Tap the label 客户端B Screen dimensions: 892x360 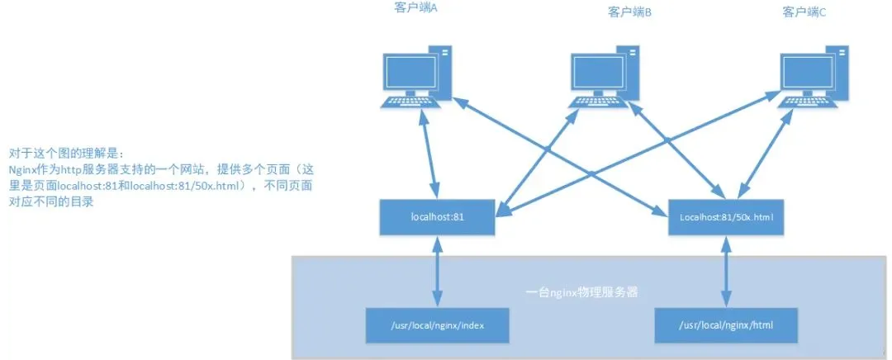pyautogui.click(x=629, y=12)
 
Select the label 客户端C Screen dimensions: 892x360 pyautogui.click(x=804, y=12)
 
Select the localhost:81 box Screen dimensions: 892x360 pyautogui.click(x=437, y=216)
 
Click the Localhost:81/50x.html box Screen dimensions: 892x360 pyautogui.click(x=727, y=216)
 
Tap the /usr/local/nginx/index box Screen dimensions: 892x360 pyautogui.click(x=438, y=325)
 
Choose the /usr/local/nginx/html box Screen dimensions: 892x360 pyautogui.click(x=726, y=325)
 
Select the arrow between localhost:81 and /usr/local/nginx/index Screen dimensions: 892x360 pyautogui.click(x=437, y=272)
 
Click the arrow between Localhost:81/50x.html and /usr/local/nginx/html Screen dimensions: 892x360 pyautogui.click(x=726, y=272)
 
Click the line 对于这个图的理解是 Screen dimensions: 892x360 pyautogui.click(x=65, y=154)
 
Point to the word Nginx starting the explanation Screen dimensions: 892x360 pyautogui.click(x=21, y=170)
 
